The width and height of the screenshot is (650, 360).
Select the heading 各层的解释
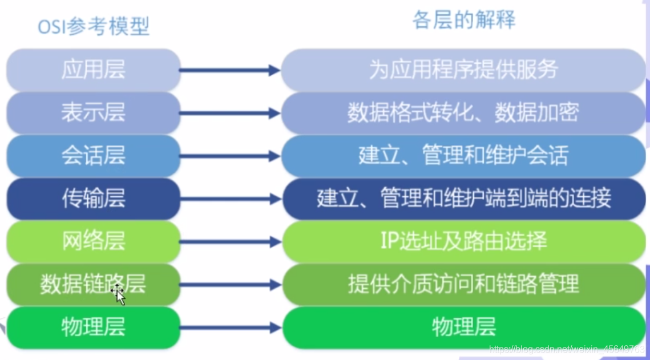463,20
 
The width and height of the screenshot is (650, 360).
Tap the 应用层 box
93,70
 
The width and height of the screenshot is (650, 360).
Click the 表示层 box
93,113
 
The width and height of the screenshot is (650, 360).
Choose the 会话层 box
93,156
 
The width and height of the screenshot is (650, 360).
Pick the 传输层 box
93,199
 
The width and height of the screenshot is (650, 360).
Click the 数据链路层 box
93,284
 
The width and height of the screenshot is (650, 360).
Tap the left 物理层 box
93,327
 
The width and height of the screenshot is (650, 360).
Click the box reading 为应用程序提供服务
463,70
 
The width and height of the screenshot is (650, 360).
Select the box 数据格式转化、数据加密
463,113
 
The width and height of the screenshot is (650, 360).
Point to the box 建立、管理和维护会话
463,156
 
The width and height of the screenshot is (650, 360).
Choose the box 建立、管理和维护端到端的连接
463,199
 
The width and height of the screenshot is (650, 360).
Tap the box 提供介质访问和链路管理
463,284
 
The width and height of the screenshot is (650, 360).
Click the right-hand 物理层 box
463,327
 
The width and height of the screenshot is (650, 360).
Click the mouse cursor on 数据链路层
118,293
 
